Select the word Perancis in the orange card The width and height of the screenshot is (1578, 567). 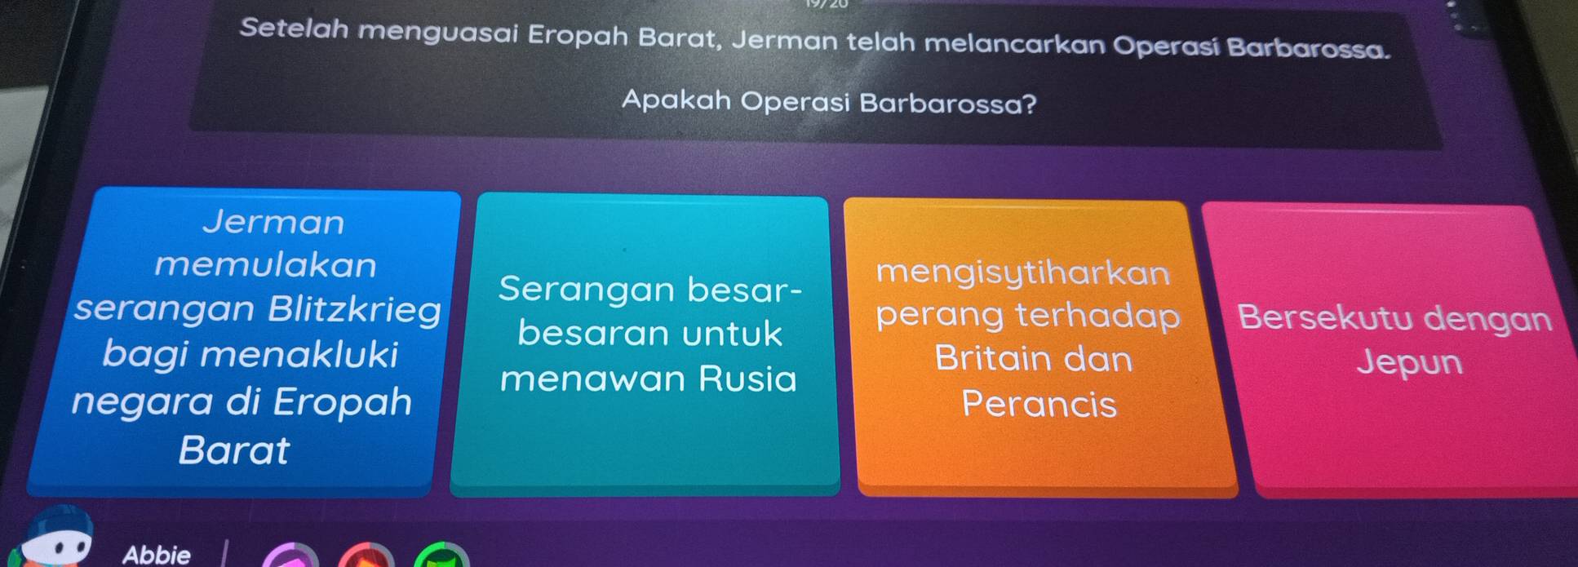1039,405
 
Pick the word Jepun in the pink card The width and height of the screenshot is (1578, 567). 1410,363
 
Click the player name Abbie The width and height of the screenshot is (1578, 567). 156,555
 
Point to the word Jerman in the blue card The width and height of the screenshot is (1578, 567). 273,222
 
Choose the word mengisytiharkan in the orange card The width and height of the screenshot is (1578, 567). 1023,272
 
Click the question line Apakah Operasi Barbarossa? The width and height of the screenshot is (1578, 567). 828,103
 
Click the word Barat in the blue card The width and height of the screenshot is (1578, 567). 233,450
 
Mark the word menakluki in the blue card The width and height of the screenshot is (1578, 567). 250,355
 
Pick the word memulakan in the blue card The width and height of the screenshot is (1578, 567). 266,265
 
